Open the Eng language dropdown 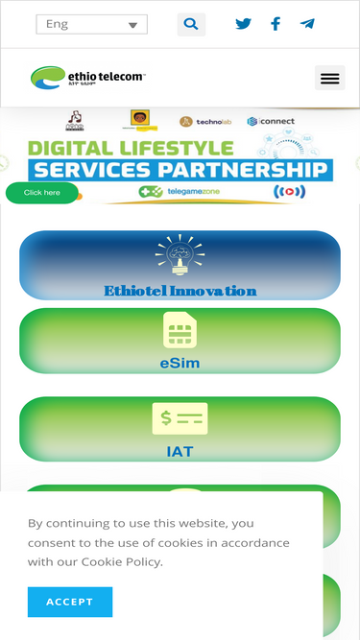click(x=91, y=24)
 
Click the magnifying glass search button click(x=191, y=24)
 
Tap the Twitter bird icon click(x=244, y=24)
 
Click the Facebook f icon click(x=276, y=24)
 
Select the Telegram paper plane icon click(x=307, y=24)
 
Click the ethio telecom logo click(x=87, y=77)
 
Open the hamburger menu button click(x=329, y=78)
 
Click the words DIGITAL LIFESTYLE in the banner click(x=131, y=149)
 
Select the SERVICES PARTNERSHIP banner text click(x=180, y=170)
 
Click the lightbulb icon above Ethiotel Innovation click(x=180, y=256)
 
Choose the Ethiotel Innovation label click(x=180, y=290)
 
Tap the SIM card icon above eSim click(x=180, y=331)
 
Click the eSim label click(x=180, y=364)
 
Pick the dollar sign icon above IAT click(x=180, y=419)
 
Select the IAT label click(x=180, y=451)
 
